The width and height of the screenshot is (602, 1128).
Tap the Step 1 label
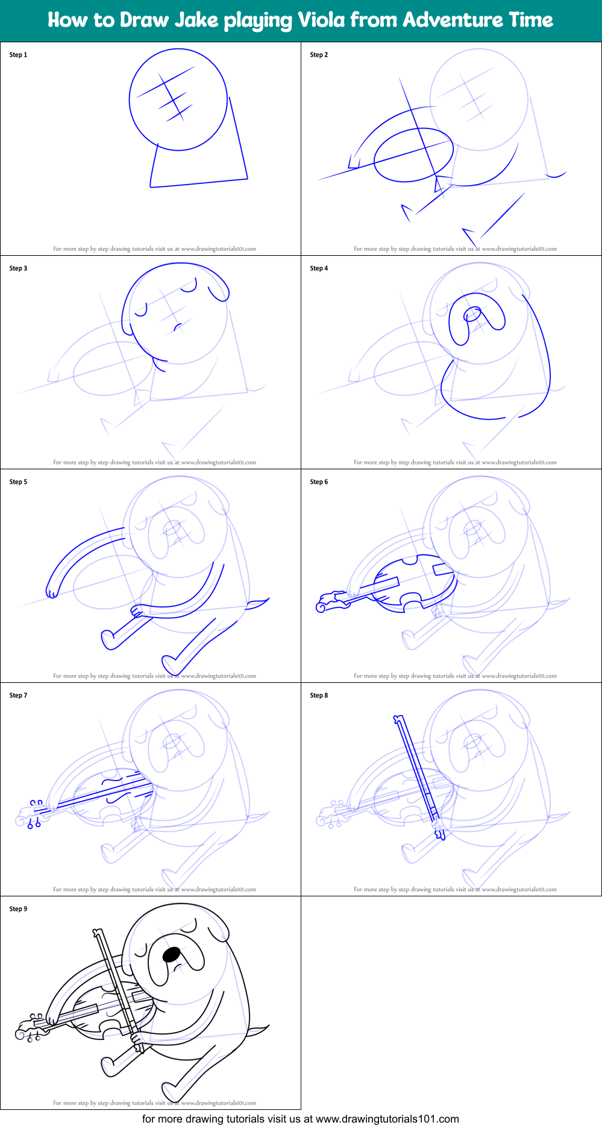[18, 55]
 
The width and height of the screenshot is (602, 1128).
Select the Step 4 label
[319, 268]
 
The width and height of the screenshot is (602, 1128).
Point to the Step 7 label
[18, 695]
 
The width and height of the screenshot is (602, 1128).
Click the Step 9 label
[18, 909]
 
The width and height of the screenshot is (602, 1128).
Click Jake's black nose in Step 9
[172, 954]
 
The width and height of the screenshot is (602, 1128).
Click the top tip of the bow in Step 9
[96, 933]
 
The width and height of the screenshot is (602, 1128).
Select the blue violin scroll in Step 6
[325, 603]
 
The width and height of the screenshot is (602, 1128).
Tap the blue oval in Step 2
[413, 155]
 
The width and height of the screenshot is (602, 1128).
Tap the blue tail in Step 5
[259, 603]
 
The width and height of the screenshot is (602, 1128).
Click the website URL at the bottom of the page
[387, 1119]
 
